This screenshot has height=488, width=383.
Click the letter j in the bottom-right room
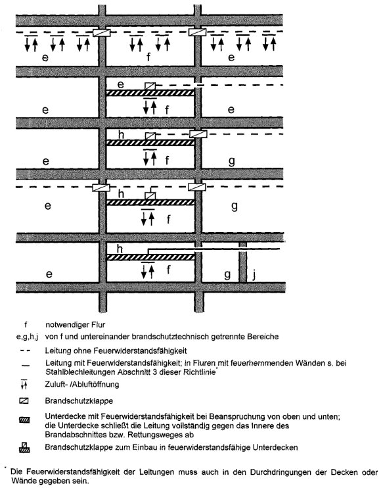pos(254,275)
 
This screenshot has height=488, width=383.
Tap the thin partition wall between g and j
pos(243,262)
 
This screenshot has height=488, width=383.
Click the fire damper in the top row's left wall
pos(102,32)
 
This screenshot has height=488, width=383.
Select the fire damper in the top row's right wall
pos(197,32)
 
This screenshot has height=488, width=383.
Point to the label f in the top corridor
pos(148,57)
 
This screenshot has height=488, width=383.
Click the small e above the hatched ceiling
pos(121,84)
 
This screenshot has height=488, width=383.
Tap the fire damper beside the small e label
pos(150,86)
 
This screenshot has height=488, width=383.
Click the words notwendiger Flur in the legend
pos(76,325)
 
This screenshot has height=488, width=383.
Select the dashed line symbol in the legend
pos(25,351)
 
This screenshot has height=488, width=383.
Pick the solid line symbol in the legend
pos(26,366)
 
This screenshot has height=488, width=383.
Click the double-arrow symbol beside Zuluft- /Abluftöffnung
pos(24,385)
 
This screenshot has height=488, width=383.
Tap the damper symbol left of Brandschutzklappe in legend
pos(24,401)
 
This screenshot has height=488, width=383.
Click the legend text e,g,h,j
pos(27,337)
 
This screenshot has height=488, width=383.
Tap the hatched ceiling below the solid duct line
pos(150,257)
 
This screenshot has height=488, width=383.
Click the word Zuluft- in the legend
pos(56,384)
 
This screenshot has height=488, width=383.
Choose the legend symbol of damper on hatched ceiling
pos(24,447)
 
